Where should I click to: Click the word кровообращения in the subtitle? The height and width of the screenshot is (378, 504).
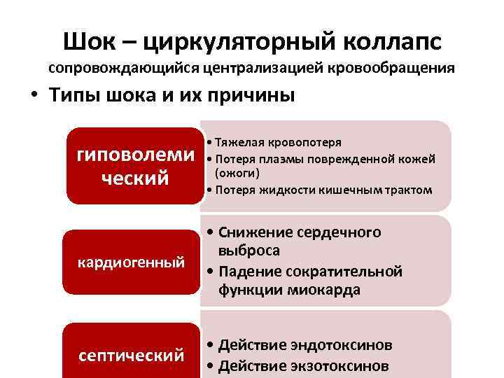click(x=396, y=69)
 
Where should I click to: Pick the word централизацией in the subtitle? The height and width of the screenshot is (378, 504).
click(x=257, y=69)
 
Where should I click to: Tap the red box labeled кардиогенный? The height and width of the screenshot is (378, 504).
click(x=131, y=262)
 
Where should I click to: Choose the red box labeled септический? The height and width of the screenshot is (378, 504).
click(x=131, y=355)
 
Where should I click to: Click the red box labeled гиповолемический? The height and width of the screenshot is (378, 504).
click(x=131, y=165)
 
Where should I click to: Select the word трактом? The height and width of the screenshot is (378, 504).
click(x=409, y=190)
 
